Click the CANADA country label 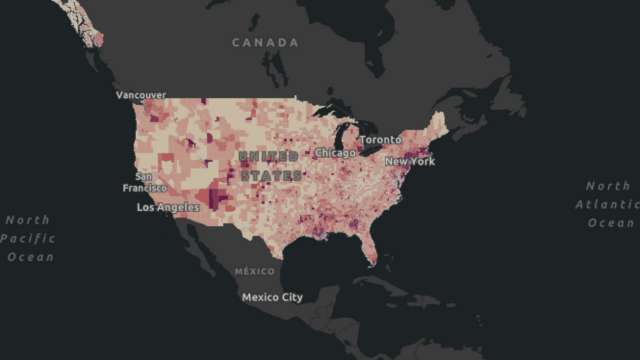click(x=265, y=43)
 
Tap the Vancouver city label click(x=141, y=95)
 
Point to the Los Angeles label click(x=168, y=207)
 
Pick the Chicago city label click(x=336, y=153)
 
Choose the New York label click(x=410, y=161)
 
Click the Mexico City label click(x=272, y=297)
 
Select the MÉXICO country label click(x=254, y=272)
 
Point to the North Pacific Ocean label click(x=28, y=238)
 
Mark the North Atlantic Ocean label click(x=608, y=204)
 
